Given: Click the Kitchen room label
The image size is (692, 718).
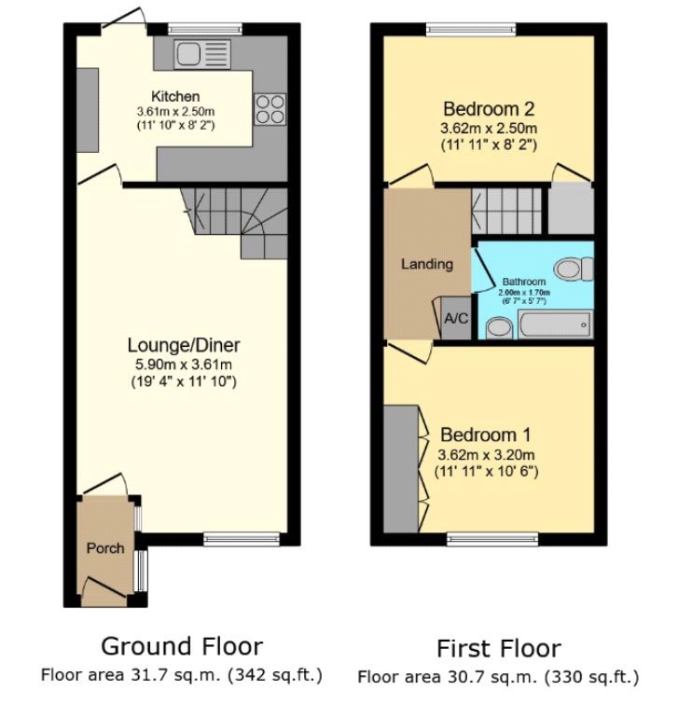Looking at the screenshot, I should click(x=175, y=96).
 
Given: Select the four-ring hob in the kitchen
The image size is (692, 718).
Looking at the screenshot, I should click(x=270, y=108).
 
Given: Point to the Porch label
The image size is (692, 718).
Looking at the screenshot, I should click(x=105, y=548).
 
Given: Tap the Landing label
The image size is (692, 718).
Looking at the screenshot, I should click(x=427, y=264).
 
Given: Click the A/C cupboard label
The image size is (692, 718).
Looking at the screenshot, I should click(x=456, y=319).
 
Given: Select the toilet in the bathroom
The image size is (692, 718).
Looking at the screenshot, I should click(x=573, y=269).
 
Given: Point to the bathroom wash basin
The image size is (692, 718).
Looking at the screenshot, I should click(x=499, y=326).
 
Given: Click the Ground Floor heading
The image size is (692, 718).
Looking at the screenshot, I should click(x=182, y=646).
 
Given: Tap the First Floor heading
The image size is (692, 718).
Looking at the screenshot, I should click(x=499, y=648).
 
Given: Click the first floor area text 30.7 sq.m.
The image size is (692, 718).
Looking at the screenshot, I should click(x=498, y=677).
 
